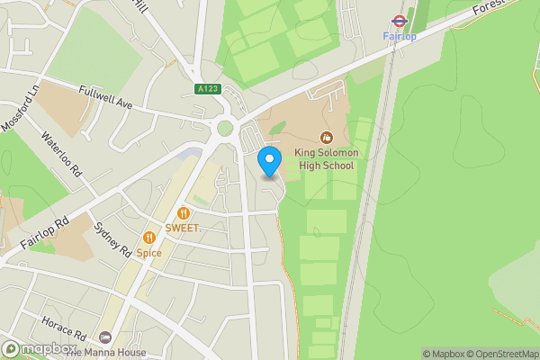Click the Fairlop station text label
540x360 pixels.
click(398, 36)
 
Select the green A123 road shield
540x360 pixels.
click(207, 88)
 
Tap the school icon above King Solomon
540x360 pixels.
click(326, 138)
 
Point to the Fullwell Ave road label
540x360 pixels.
click(105, 98)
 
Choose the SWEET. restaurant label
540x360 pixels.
click(183, 229)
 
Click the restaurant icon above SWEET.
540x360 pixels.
click(183, 213)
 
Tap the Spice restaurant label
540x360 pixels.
click(149, 253)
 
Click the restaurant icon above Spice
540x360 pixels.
click(149, 238)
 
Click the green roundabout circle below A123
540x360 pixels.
click(224, 128)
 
